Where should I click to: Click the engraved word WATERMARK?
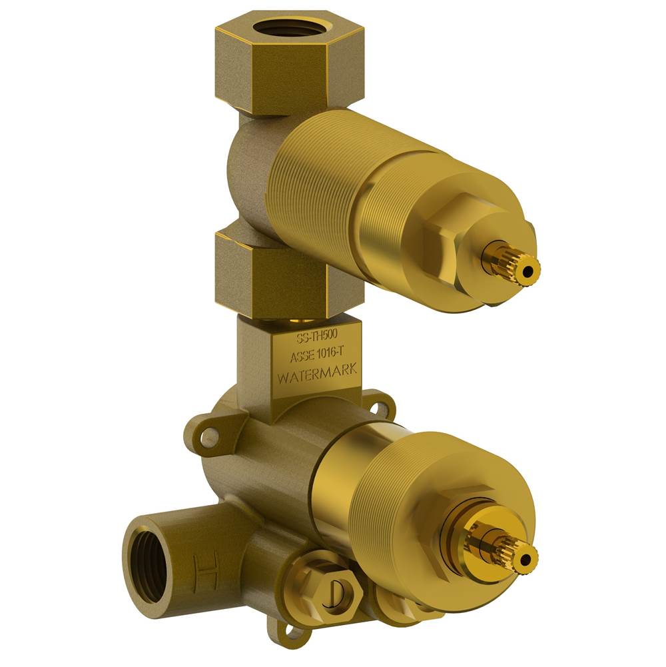(318, 374)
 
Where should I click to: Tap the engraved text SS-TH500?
(317, 338)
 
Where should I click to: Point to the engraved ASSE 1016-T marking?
(318, 354)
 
